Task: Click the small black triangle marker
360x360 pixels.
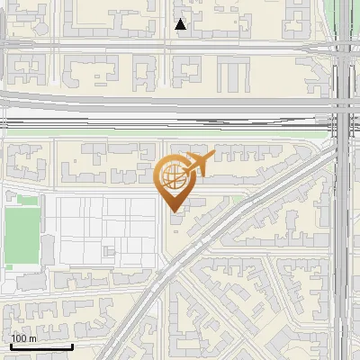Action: (181, 24)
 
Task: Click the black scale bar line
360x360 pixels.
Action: (40, 346)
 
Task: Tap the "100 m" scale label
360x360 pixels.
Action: (24, 338)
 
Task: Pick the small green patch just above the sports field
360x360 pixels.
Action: (28, 201)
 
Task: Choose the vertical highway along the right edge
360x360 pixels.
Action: (344, 225)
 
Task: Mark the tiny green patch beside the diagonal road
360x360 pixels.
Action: (237, 200)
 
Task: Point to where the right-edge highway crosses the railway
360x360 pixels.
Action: (344, 112)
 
